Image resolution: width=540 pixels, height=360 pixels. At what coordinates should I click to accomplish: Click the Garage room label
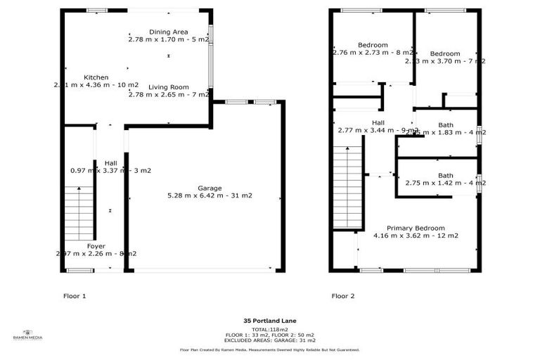tap(210, 188)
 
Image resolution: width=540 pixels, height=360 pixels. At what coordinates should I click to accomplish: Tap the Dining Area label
tap(169, 32)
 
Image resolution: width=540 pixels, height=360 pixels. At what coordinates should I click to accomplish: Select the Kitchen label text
tap(96, 77)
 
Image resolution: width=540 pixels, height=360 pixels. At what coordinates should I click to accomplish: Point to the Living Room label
tap(169, 87)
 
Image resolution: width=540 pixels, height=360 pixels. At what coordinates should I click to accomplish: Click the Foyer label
tap(96, 246)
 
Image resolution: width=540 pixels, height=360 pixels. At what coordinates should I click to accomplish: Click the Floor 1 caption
tap(75, 296)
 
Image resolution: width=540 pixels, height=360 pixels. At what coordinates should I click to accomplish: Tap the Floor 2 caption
tap(343, 296)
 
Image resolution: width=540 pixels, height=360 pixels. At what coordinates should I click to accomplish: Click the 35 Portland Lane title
tap(270, 321)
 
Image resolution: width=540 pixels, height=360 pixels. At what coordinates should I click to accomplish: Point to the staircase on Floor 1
tap(79, 205)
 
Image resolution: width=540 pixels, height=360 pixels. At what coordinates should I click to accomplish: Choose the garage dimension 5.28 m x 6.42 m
tap(210, 195)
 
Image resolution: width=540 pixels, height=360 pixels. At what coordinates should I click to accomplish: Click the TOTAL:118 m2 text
tap(270, 329)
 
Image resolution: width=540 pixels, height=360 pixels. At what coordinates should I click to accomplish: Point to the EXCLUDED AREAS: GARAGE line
tap(270, 340)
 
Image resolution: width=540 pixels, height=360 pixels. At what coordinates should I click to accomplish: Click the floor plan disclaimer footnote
tap(270, 349)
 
